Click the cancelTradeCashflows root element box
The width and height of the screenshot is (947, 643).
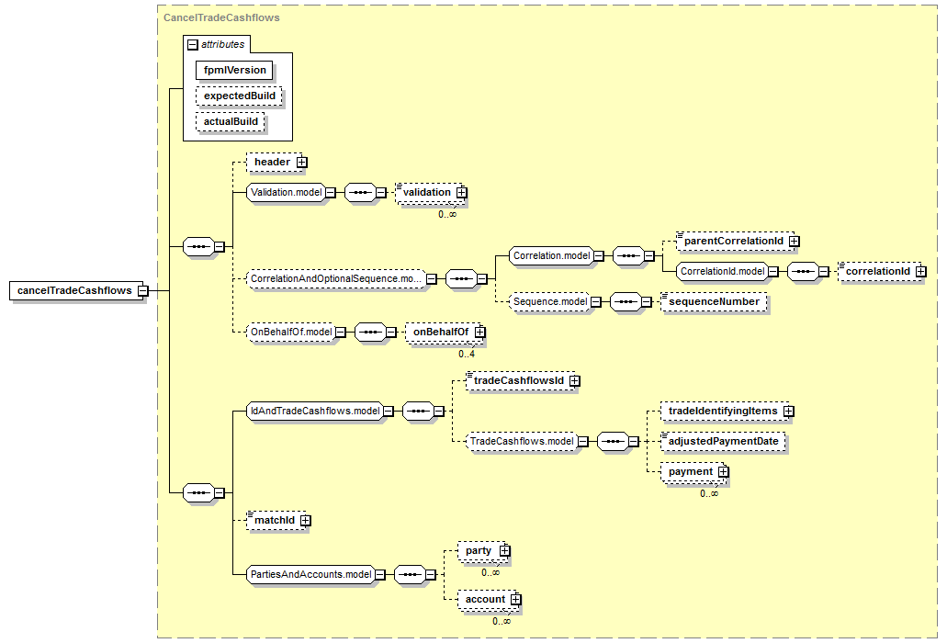click(x=74, y=290)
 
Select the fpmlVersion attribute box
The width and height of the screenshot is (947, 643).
click(x=234, y=70)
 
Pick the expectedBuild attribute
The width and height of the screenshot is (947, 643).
click(x=239, y=96)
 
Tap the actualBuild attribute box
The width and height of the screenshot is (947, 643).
click(x=231, y=121)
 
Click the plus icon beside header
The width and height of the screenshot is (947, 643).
click(x=302, y=163)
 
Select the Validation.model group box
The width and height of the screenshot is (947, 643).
click(x=287, y=193)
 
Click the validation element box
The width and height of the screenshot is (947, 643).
click(x=429, y=193)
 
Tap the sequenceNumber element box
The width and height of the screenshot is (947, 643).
click(x=714, y=302)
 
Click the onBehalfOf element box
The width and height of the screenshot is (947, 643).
click(x=444, y=333)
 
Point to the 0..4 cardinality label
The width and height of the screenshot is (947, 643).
click(x=467, y=354)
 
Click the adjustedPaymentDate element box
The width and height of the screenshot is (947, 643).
click(x=724, y=441)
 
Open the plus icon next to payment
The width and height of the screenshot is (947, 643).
click(x=724, y=472)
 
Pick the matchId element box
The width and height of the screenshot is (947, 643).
click(x=276, y=521)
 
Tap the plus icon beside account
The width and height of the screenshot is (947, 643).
click(x=516, y=600)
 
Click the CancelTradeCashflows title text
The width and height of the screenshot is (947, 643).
click(x=221, y=17)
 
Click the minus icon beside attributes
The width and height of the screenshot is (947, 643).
click(x=193, y=45)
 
